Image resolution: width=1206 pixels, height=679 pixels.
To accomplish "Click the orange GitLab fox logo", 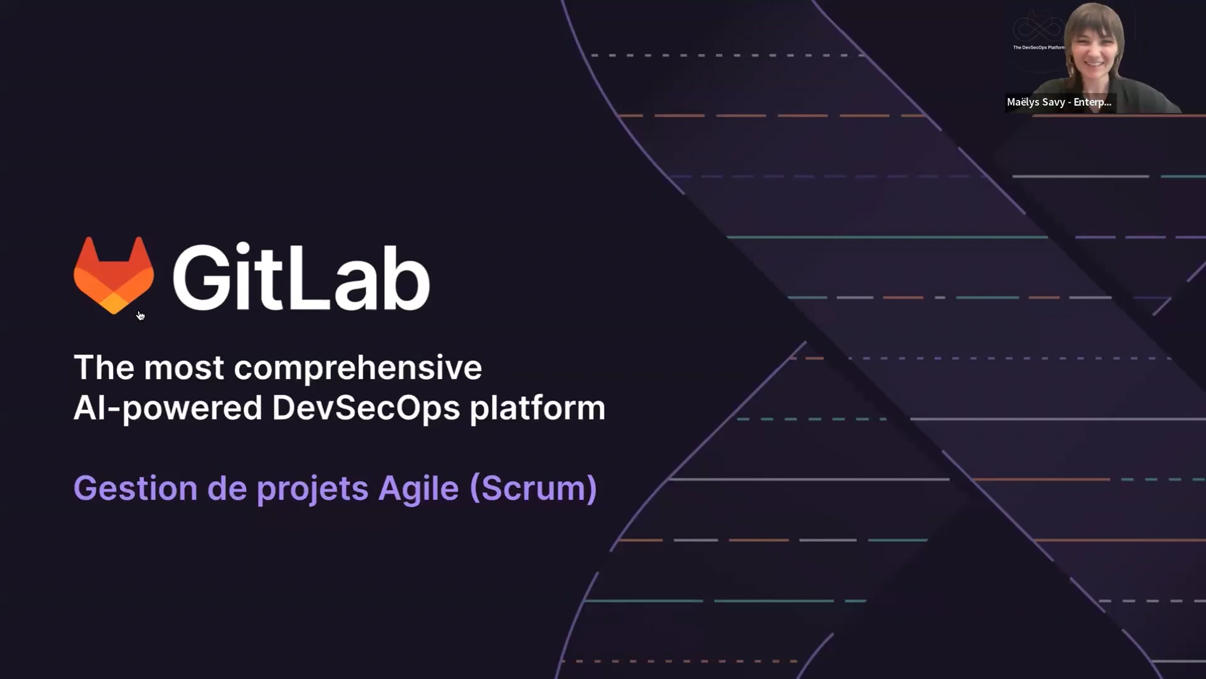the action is (114, 275).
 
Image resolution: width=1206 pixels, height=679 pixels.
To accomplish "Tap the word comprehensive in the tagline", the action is (358, 369).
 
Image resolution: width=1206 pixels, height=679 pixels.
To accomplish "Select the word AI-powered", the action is (168, 408).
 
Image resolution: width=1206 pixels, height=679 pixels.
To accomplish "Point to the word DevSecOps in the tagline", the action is (366, 408).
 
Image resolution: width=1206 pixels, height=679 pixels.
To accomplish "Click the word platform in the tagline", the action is (537, 408).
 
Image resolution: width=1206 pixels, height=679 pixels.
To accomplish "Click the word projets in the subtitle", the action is (313, 489).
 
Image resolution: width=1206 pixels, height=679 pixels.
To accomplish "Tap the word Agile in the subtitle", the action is (418, 489).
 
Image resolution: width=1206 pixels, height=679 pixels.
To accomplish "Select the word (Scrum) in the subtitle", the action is (533, 489).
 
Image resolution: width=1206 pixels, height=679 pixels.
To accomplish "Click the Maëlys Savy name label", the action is (1059, 102).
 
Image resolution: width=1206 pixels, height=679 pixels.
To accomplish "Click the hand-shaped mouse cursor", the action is (141, 315).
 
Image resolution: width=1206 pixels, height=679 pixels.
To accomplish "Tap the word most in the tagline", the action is (184, 368).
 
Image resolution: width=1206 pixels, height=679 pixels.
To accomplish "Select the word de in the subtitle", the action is (227, 488).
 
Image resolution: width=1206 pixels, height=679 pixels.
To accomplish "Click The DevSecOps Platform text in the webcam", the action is (1039, 48).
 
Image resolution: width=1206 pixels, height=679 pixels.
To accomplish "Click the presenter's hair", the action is (1094, 25).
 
